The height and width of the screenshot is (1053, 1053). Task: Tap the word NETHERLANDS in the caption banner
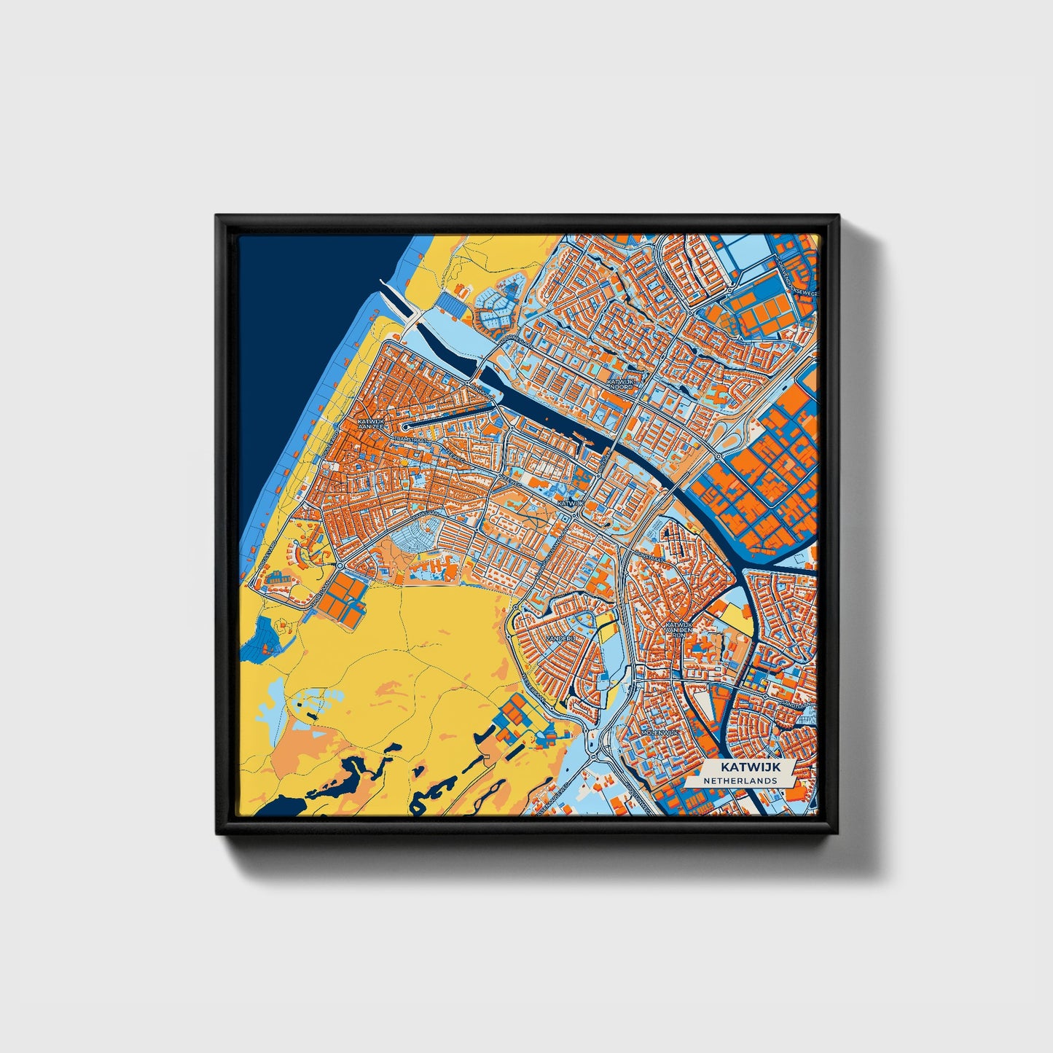tap(740, 780)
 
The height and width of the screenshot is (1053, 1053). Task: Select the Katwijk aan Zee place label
tap(369, 423)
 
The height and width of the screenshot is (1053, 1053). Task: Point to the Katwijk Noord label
tap(621, 383)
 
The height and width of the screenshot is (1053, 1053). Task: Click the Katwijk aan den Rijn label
tap(677, 629)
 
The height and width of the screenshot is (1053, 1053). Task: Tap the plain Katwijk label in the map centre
tap(571, 503)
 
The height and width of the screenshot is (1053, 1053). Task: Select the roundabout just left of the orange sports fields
tap(340, 565)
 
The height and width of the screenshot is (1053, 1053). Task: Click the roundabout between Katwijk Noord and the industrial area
tap(719, 456)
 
